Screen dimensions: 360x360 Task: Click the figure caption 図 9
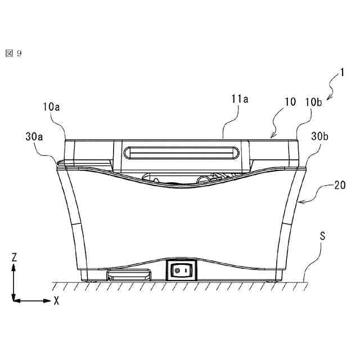tap(13, 53)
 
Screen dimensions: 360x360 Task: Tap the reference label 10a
tap(51, 107)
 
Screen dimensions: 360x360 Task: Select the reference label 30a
tap(34, 136)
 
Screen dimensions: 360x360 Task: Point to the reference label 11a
tap(240, 99)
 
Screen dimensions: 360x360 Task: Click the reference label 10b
tap(313, 102)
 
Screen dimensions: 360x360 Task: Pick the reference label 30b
tap(319, 136)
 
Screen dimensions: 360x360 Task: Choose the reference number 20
tap(340, 185)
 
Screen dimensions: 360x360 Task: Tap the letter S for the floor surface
tap(322, 236)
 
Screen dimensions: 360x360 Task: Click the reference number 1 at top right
tap(342, 73)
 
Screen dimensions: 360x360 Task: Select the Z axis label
tap(14, 258)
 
